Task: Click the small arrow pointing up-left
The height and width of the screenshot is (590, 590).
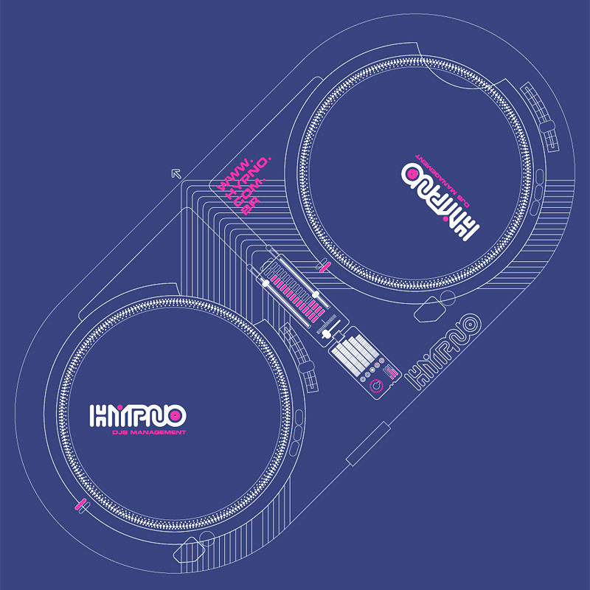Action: (x=176, y=173)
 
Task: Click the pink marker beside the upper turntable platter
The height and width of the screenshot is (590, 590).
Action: (x=322, y=265)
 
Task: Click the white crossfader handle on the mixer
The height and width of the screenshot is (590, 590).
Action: (x=324, y=333)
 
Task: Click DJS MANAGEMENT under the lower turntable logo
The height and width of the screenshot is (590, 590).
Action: (x=145, y=431)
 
